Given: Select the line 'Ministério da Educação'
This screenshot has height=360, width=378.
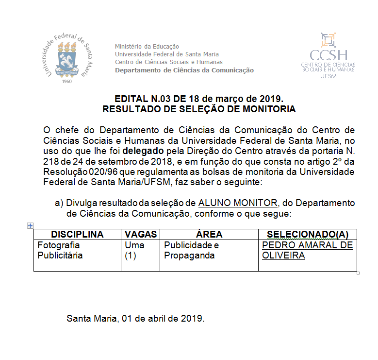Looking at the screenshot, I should pos(147,46).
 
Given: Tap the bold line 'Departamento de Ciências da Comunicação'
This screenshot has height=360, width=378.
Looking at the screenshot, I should pos(184,70).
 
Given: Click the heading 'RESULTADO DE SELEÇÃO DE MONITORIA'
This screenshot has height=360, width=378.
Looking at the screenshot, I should pos(199,109).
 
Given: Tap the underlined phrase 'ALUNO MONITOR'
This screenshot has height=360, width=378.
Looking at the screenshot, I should pos(237,203).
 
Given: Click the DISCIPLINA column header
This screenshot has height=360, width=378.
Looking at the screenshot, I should pos(77,234).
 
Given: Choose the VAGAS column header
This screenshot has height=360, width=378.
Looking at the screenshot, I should pos(140,234).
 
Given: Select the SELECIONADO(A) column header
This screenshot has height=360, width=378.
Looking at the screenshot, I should pos(308,234).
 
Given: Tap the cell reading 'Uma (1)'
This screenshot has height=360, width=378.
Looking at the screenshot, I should pos(134,250).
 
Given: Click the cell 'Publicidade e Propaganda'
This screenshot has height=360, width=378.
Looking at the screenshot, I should pos(191,250).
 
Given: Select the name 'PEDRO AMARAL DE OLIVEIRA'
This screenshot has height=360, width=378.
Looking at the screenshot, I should pos(307,250).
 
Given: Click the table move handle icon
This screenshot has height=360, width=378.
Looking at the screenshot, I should pos(30,225).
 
